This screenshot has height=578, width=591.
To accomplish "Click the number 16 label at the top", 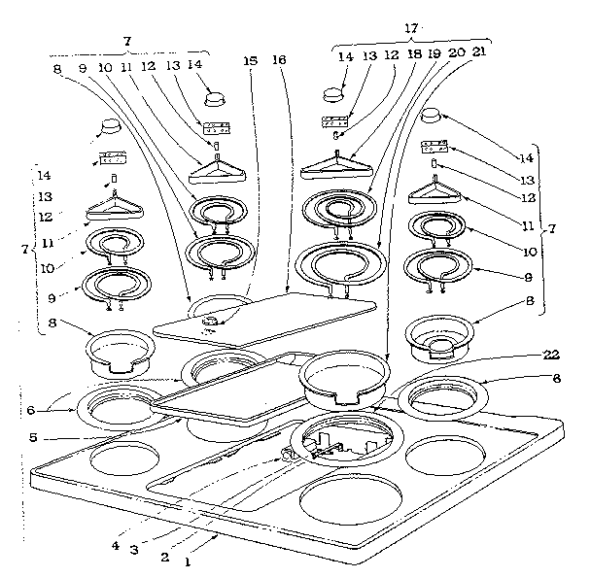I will [280, 60].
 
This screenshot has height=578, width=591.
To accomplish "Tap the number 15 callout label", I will [252, 60].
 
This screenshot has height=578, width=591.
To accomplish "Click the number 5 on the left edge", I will [33, 436].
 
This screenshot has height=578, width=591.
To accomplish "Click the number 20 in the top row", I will [457, 54].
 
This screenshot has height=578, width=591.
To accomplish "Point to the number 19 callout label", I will [435, 55].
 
